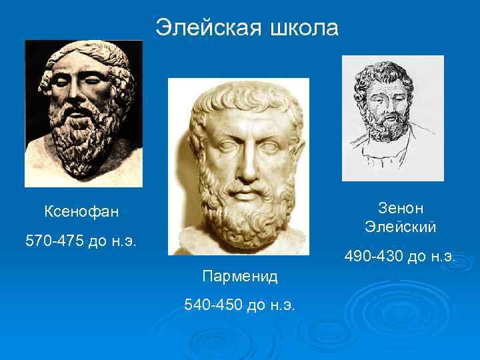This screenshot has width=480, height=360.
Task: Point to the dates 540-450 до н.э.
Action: pyautogui.click(x=240, y=305)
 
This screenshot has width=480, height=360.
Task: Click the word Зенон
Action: pyautogui.click(x=400, y=207)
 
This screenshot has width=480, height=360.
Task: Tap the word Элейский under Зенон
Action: pyautogui.click(x=400, y=227)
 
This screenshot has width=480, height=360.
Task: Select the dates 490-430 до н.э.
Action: pyautogui.click(x=400, y=255)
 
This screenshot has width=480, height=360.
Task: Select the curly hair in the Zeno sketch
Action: pyautogui.click(x=387, y=77)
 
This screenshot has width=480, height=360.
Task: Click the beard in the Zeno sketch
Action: pyautogui.click(x=390, y=124)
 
